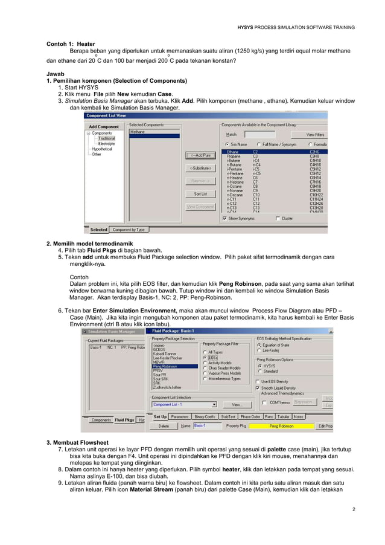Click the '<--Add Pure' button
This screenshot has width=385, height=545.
point(200,155)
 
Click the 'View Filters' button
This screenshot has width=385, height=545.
point(315,134)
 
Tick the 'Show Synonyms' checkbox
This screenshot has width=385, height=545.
point(226,219)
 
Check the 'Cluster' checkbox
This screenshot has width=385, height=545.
point(278,219)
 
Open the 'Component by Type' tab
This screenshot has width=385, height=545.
point(129,230)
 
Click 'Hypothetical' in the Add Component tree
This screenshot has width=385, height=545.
point(102,149)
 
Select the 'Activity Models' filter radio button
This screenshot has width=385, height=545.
point(206,363)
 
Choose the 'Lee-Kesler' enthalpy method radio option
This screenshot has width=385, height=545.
point(260,350)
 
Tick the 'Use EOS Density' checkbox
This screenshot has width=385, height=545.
point(259,381)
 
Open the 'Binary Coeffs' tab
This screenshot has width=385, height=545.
point(204,416)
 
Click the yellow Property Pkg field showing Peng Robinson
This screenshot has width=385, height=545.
point(281,426)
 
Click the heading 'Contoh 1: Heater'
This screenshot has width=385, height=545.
point(71,44)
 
